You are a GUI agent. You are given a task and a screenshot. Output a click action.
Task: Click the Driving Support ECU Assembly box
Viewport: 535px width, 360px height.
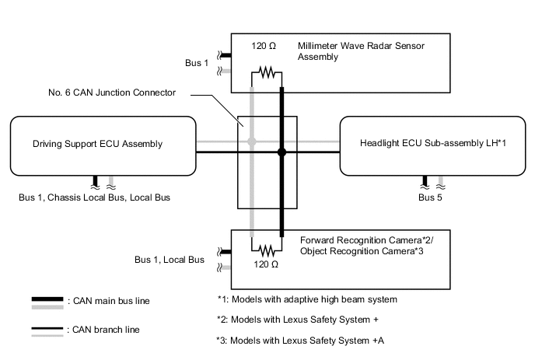coord(101,145)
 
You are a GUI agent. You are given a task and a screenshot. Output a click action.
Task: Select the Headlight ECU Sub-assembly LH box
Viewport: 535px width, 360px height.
coord(433,145)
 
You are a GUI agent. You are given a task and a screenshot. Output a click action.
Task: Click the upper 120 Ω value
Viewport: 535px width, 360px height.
coord(264,47)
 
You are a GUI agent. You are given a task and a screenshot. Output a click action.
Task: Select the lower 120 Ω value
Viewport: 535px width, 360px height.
coord(264,264)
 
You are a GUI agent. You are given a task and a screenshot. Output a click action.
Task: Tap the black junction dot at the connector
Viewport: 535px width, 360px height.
coord(282,153)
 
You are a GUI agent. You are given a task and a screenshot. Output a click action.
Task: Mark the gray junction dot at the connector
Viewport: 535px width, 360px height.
coord(251,142)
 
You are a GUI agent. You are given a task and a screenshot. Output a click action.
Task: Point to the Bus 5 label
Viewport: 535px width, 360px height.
coord(429,198)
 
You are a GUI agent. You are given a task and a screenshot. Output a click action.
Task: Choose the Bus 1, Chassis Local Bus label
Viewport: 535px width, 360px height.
coord(94,198)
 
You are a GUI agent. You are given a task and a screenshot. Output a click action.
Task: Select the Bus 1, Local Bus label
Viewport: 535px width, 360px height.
coord(170,260)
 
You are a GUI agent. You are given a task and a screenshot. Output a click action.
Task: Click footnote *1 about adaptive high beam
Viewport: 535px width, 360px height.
coord(307,299)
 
